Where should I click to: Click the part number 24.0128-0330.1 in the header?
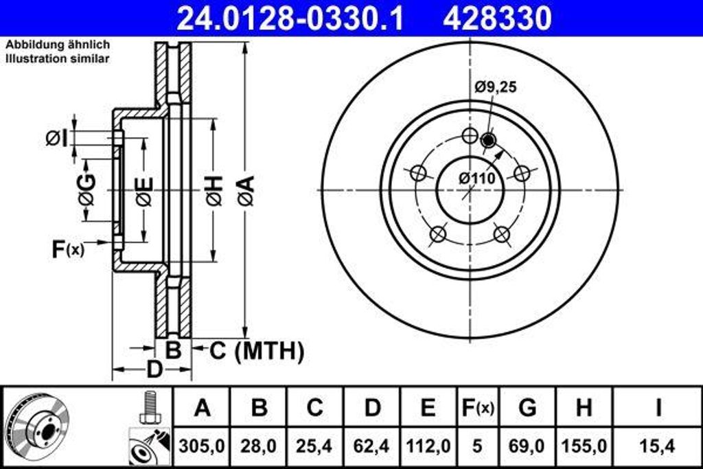pos(290,19)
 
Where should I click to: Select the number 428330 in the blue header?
pos(497,19)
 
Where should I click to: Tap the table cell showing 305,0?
pos(202,446)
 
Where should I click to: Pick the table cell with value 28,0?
pos(258,446)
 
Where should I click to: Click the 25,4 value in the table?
pos(314,446)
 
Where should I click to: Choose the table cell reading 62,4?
pos(371,446)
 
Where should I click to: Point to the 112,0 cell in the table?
pos(428,446)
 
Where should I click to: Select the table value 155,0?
pos(584,446)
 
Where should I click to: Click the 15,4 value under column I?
pos(657,446)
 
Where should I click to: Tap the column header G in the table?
pos(527,408)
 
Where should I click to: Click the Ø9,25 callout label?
pos(495,87)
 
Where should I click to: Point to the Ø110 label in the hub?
pos(477,178)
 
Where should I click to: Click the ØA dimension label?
pos(246,190)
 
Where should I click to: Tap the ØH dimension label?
pos(213,190)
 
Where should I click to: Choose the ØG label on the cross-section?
pos(87,190)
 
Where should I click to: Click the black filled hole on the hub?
pos(488,141)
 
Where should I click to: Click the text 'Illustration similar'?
pos(58,59)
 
